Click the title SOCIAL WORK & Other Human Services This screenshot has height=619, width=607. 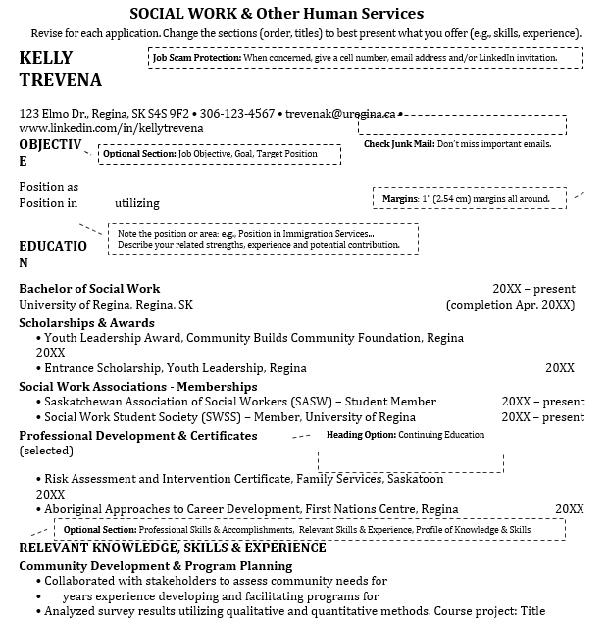tap(277, 14)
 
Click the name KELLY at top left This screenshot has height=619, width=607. tap(45, 58)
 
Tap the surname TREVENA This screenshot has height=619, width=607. tap(60, 80)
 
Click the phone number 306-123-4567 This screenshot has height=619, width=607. tap(238, 114)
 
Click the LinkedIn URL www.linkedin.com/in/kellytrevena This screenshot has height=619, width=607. tap(111, 128)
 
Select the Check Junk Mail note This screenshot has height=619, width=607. tap(457, 144)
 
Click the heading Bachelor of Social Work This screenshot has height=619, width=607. tap(89, 289)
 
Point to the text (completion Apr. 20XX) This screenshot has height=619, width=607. tap(510, 305)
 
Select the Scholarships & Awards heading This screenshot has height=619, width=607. tap(86, 323)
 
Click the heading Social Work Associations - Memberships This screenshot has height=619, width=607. tap(131, 386)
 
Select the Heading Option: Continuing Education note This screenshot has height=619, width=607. tap(405, 435)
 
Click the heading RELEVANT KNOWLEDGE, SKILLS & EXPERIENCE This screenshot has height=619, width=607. tap(173, 548)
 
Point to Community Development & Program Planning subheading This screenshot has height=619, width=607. tap(155, 565)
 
